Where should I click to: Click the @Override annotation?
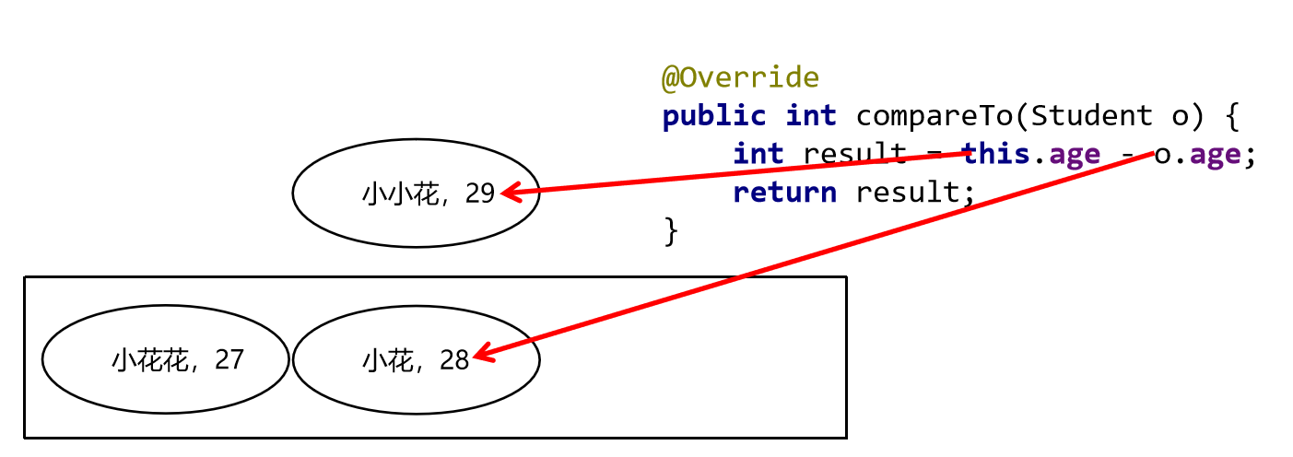[x=740, y=77]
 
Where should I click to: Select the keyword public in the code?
[x=714, y=116]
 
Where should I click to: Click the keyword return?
[x=784, y=193]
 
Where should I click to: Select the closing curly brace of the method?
[x=671, y=231]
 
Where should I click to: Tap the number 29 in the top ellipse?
[x=480, y=193]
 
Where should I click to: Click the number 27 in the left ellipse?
[x=229, y=359]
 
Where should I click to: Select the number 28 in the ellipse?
[x=454, y=360]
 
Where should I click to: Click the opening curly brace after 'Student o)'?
[x=1233, y=116]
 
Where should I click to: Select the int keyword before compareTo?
[x=811, y=116]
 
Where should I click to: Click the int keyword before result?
[x=758, y=154]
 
